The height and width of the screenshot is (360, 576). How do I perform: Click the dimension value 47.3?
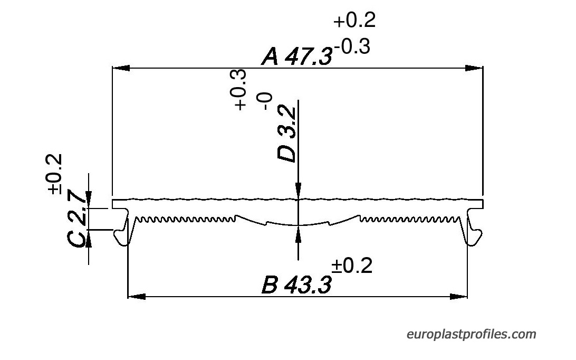[309, 57]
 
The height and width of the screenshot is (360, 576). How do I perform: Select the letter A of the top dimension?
[270, 57]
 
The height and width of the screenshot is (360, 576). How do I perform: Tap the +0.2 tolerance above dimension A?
[354, 20]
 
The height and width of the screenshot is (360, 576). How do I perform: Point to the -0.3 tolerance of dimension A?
[352, 46]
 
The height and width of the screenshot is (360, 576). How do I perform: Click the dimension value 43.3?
[309, 285]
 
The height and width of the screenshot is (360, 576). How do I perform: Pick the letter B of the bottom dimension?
[270, 285]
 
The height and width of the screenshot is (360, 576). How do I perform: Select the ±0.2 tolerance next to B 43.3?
[352, 266]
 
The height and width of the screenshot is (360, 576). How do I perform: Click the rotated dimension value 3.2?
[287, 122]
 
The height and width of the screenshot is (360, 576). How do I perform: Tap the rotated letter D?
[287, 153]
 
